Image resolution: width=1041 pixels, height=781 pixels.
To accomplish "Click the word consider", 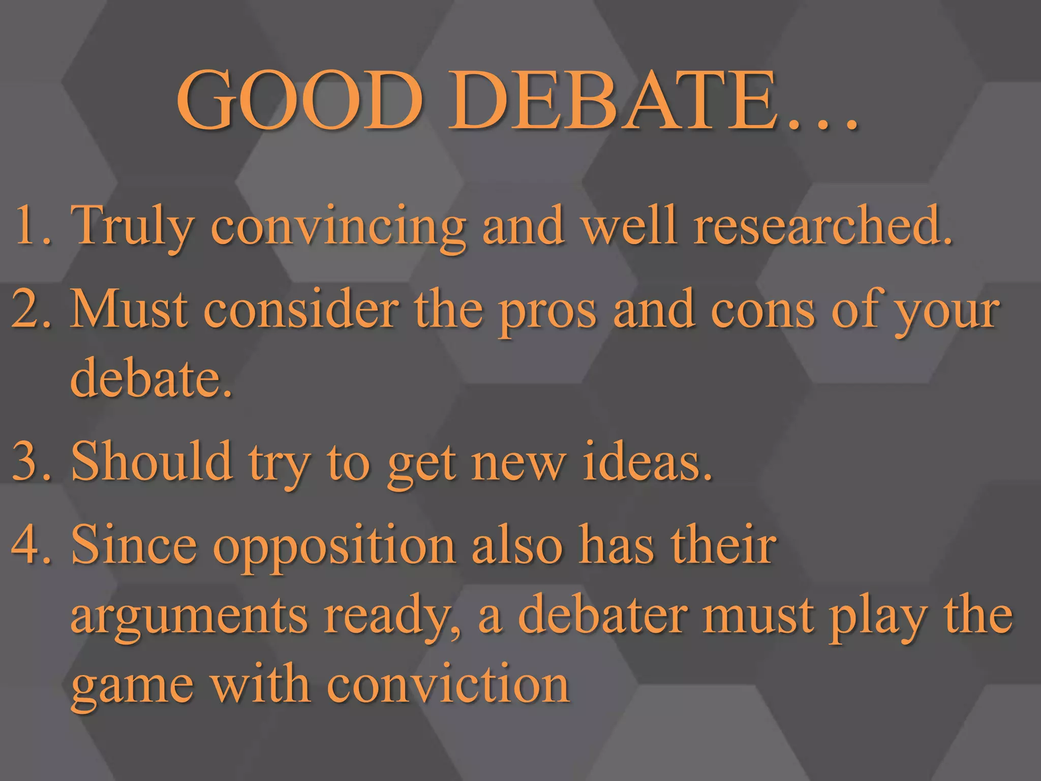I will coord(301,309).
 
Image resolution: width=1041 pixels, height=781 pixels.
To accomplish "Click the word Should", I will coord(152,460).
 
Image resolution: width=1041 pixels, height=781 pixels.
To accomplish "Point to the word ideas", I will coord(646,460).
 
